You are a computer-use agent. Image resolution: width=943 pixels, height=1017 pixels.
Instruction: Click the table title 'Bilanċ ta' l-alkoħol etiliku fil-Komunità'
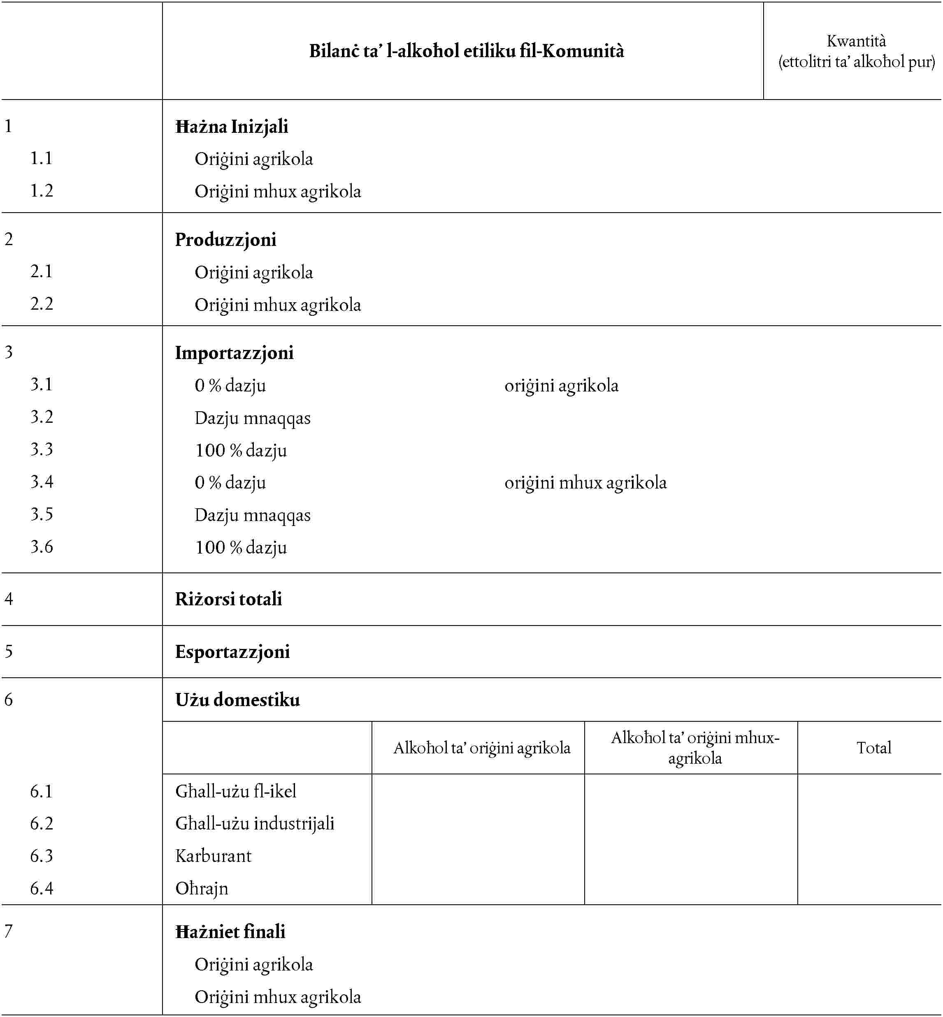point(467,51)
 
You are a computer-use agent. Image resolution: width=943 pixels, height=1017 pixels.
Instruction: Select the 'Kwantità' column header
point(856,51)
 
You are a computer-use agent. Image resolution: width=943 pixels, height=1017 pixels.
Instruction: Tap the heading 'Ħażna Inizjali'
point(232,127)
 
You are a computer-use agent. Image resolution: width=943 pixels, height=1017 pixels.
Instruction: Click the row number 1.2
point(41,191)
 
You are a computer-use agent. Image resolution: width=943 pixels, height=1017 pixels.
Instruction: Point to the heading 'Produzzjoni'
point(225,240)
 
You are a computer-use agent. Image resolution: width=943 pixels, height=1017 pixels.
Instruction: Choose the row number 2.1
point(41,271)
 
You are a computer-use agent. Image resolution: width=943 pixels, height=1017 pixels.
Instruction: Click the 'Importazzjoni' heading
point(234,353)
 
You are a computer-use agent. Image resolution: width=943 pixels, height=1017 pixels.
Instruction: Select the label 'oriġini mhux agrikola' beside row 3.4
point(585,482)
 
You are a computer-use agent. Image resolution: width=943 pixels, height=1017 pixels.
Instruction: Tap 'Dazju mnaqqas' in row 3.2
point(253,418)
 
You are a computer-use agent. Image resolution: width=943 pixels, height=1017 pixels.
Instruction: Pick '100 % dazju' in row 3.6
point(241,547)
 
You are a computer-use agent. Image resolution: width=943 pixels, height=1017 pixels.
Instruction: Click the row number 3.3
point(41,449)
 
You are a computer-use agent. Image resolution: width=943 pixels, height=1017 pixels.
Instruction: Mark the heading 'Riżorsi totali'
point(229,599)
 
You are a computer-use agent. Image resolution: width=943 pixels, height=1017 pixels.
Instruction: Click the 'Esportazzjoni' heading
point(232,652)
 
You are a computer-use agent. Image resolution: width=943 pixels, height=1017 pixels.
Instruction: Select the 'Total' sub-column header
point(873,748)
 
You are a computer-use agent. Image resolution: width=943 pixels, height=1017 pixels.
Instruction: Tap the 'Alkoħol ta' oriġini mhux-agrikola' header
point(695,748)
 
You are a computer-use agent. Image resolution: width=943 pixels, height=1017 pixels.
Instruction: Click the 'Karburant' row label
point(213,856)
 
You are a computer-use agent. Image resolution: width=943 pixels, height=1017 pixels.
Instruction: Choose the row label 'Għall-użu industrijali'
point(255,823)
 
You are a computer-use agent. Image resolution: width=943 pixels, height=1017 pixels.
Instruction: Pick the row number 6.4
point(41,888)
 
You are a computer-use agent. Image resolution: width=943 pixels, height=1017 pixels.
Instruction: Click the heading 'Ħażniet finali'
point(230,932)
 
